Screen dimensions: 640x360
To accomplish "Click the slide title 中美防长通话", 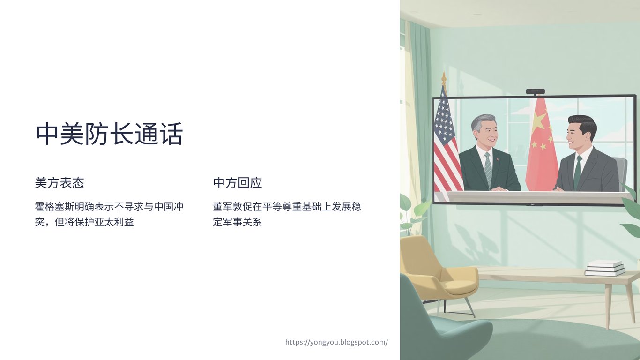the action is tap(109, 134).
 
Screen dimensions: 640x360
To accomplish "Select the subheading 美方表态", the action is tap(60, 183).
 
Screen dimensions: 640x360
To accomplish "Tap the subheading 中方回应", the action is tap(238, 183).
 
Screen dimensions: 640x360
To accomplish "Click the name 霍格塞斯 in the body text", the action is tap(54, 206).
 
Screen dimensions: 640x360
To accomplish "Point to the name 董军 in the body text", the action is tap(223, 206).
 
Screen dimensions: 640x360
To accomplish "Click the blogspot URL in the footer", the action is tap(336, 342).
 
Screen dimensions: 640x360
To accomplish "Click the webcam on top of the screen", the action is tap(536, 91).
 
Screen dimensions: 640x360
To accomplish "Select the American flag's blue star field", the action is tap(443, 120).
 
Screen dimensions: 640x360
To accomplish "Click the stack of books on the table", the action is tap(605, 268).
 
